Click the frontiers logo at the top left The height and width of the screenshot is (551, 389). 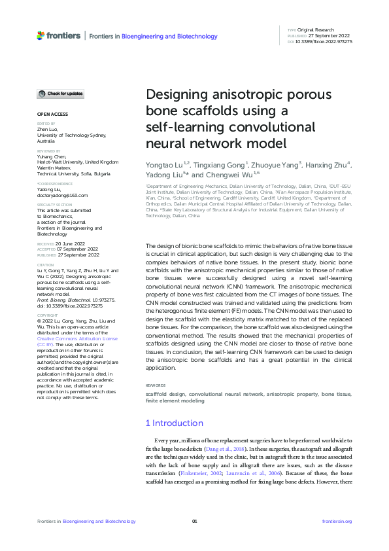click(x=59, y=35)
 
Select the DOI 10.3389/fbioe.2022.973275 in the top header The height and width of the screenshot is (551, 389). click(x=324, y=41)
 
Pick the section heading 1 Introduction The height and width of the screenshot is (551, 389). click(x=174, y=423)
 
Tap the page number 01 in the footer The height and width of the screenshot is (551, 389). click(x=194, y=521)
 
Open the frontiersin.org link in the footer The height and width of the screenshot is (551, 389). click(x=337, y=521)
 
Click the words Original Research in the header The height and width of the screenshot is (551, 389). click(x=316, y=30)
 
